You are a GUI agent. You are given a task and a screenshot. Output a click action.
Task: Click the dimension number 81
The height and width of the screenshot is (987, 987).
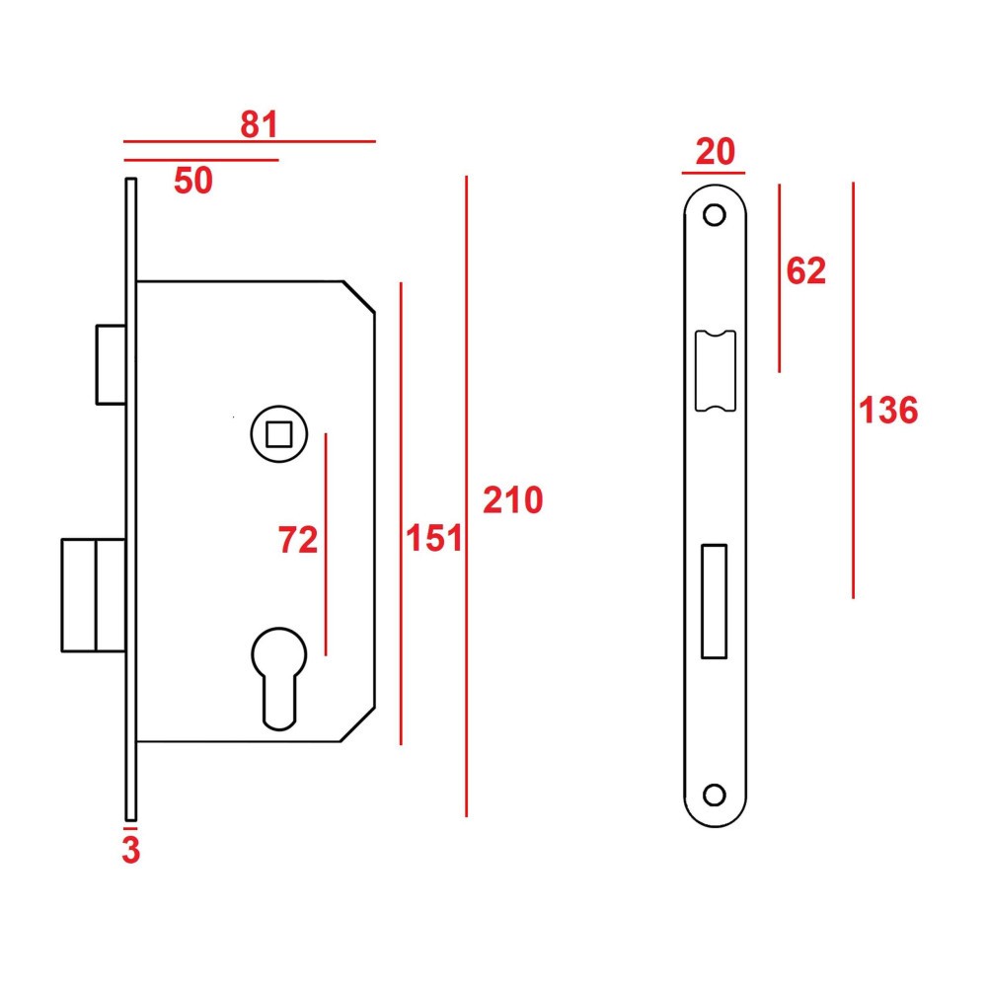click(260, 124)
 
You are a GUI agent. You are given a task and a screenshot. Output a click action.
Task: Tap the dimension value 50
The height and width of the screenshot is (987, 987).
click(193, 181)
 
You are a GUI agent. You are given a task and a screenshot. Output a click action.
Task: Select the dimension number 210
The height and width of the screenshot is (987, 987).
click(512, 500)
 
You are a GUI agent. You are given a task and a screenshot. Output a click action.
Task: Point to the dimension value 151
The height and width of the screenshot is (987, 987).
click(434, 539)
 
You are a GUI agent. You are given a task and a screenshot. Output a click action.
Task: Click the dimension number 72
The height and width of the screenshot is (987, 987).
click(298, 540)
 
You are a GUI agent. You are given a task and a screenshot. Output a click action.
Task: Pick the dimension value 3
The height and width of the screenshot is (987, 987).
click(130, 850)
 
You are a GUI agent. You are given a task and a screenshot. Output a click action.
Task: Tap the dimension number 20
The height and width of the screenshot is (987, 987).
click(716, 153)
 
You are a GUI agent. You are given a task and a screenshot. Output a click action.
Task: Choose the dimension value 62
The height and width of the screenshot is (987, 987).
click(805, 270)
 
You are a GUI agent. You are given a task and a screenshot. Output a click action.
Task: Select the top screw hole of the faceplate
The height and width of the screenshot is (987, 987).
click(715, 214)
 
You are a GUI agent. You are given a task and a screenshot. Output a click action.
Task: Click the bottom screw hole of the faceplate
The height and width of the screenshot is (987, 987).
click(715, 795)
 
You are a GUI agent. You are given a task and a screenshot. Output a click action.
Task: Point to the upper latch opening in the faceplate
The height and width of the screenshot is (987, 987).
click(715, 370)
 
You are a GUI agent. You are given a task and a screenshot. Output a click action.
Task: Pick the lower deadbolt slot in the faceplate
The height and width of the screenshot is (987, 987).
click(714, 601)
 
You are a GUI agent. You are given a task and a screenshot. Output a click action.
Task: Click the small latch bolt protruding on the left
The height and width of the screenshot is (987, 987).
click(110, 363)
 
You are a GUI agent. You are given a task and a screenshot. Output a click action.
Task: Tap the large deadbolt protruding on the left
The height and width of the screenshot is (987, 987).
click(93, 594)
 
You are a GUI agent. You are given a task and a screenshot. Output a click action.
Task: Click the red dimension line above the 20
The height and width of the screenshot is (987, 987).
click(713, 172)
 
